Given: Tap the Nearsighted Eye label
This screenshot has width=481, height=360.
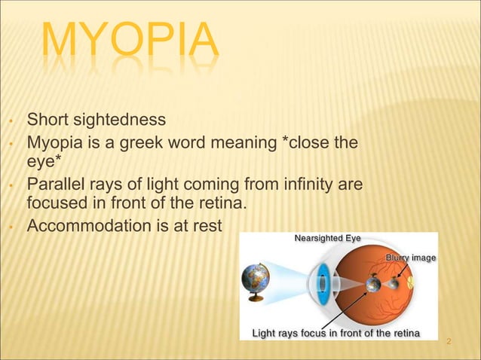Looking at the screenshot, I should click(x=326, y=239).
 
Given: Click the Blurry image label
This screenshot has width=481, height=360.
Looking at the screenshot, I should click(x=410, y=258).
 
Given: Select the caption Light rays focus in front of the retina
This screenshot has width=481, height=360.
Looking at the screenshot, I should click(x=335, y=332).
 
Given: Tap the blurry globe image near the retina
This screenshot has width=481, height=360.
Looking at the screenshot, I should click(x=394, y=285).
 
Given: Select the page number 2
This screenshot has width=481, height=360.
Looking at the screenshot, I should click(x=449, y=343).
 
